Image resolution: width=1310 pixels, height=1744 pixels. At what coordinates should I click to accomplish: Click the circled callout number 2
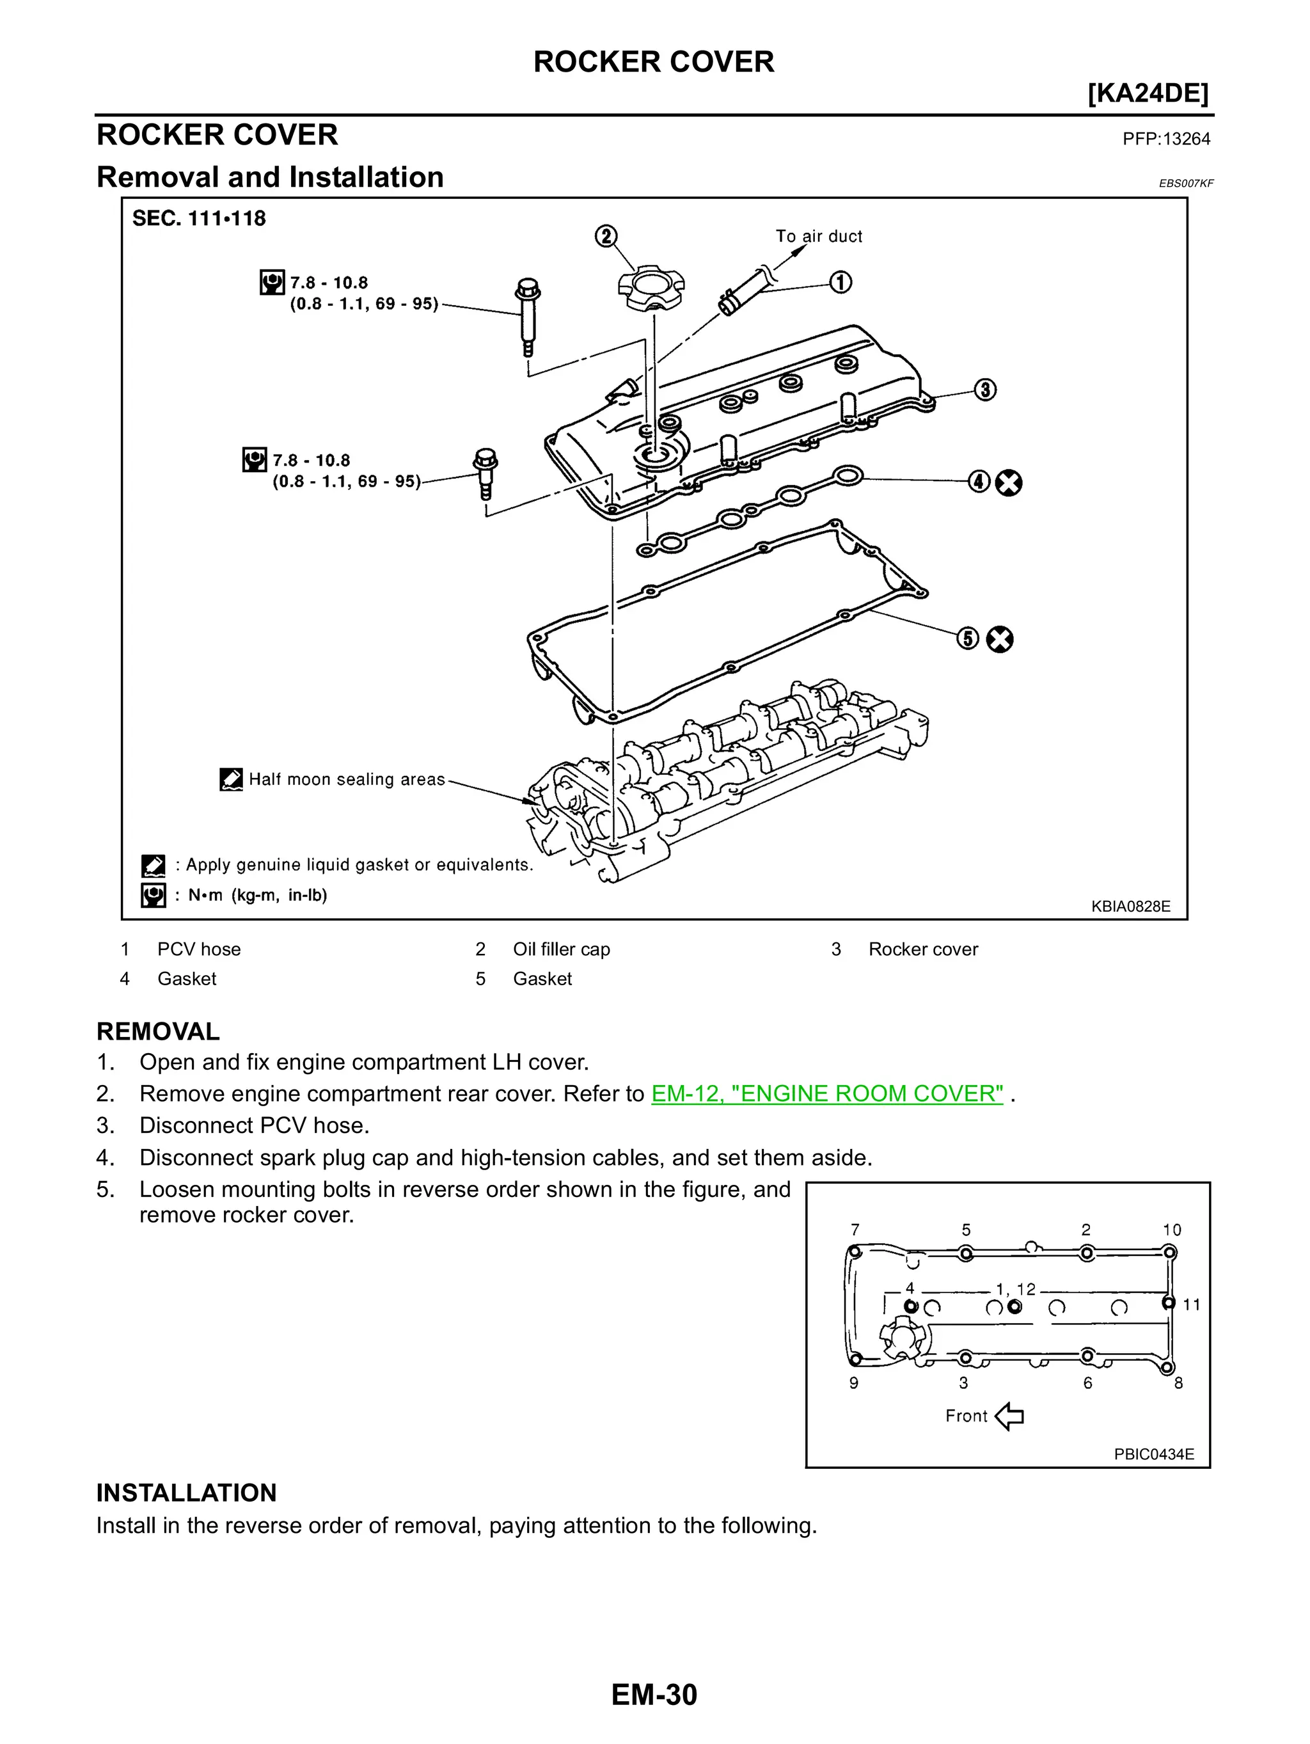click(x=605, y=237)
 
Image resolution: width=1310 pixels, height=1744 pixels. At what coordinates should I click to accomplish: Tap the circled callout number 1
click(x=840, y=282)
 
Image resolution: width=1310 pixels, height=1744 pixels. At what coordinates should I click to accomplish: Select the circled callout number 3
click(x=984, y=390)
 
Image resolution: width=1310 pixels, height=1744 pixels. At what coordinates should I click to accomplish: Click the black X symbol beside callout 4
click(x=1008, y=482)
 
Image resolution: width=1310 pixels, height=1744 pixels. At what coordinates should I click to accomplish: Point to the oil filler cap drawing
click(x=651, y=289)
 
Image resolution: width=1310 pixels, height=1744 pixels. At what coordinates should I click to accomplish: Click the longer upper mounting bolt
click(x=526, y=315)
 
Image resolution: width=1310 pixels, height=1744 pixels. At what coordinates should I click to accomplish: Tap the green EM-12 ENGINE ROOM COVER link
click(x=827, y=1093)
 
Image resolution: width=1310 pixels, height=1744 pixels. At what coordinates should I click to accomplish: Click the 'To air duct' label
click(x=818, y=237)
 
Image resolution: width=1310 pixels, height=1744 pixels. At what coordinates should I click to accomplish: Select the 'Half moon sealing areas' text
click(x=347, y=780)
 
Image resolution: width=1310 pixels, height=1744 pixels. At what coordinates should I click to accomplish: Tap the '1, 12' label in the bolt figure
click(x=1015, y=1289)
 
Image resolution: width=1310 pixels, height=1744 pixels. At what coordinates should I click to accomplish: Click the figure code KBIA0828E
click(x=1130, y=906)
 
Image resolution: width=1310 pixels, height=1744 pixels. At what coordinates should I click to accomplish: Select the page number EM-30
click(x=654, y=1694)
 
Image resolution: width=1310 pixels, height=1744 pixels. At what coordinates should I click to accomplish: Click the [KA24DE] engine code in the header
click(x=1147, y=94)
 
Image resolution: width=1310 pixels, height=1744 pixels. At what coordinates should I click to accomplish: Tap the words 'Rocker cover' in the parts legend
click(x=922, y=949)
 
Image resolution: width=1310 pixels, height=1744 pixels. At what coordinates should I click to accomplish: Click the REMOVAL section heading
click(x=157, y=1031)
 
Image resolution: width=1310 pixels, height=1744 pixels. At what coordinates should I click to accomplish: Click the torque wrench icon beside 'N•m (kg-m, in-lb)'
click(x=153, y=895)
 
